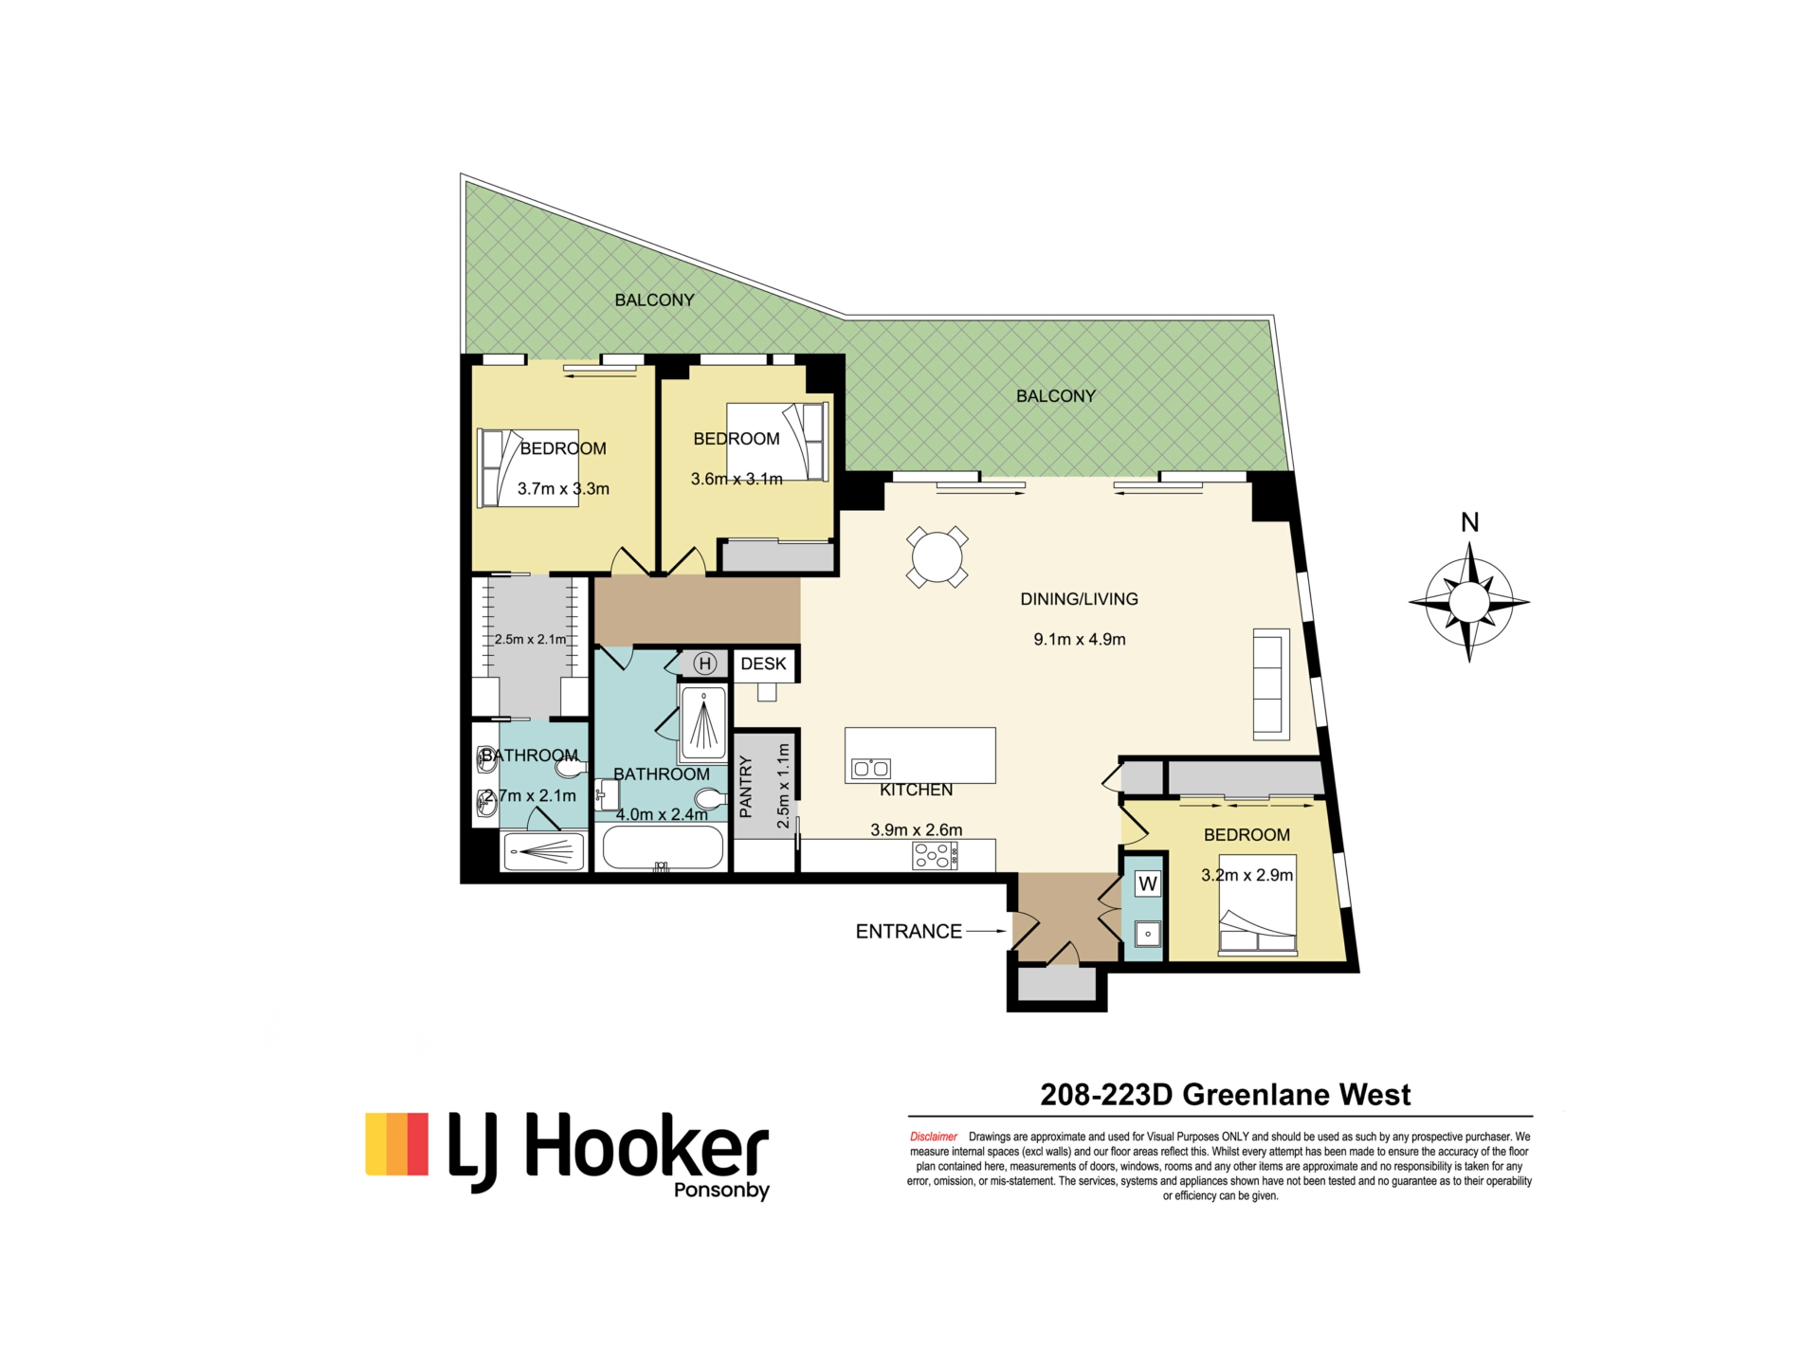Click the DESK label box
pyautogui.click(x=764, y=664)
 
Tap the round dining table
pyautogui.click(x=937, y=556)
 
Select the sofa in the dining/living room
pyautogui.click(x=1271, y=683)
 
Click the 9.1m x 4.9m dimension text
pyautogui.click(x=1080, y=640)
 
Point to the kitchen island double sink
pyautogui.click(x=871, y=769)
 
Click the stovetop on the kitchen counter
pyautogui.click(x=935, y=856)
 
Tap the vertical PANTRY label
pyautogui.click(x=746, y=787)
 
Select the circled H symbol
pyautogui.click(x=704, y=664)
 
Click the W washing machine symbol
pyautogui.click(x=1148, y=884)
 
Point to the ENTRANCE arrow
pyautogui.click(x=987, y=931)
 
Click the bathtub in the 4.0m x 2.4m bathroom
pyautogui.click(x=663, y=847)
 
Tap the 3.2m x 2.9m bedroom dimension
pyautogui.click(x=1247, y=875)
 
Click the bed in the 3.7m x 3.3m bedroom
pyautogui.click(x=528, y=468)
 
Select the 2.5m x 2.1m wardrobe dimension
pyautogui.click(x=531, y=640)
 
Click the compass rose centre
pyautogui.click(x=1469, y=602)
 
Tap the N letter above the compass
pyautogui.click(x=1470, y=522)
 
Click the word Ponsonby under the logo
pyautogui.click(x=721, y=1191)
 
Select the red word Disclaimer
pyautogui.click(x=934, y=1137)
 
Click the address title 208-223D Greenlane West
pyautogui.click(x=1226, y=1095)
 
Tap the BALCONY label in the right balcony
pyautogui.click(x=1056, y=396)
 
